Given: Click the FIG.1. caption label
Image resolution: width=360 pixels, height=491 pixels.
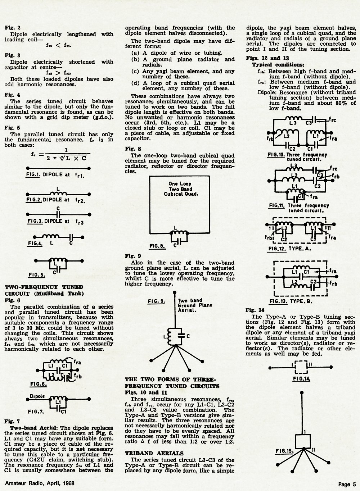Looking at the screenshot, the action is click(33, 175).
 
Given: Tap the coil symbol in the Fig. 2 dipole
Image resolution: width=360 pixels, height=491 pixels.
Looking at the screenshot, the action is click(58, 193).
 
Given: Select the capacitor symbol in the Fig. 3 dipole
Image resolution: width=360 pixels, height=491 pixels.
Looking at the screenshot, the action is click(58, 214).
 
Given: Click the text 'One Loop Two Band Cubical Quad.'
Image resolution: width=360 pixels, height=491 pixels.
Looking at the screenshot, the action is click(181, 189).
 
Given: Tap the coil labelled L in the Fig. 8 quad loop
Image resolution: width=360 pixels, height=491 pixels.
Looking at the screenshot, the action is click(179, 233).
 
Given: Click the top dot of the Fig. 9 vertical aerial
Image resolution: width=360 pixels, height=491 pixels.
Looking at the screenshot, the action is click(175, 293).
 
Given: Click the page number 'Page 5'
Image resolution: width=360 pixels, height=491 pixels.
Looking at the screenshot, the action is click(347, 484).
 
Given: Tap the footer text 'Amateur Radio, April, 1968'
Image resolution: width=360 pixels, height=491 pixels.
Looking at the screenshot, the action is click(40, 483).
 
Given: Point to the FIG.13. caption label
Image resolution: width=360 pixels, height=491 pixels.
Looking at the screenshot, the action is click(278, 301).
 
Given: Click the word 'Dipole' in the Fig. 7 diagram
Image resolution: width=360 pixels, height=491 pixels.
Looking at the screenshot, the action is click(37, 396).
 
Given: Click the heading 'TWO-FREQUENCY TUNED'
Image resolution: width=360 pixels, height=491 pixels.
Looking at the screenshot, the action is click(44, 287).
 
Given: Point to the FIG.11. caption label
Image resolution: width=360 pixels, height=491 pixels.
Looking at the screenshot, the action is click(276, 206).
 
